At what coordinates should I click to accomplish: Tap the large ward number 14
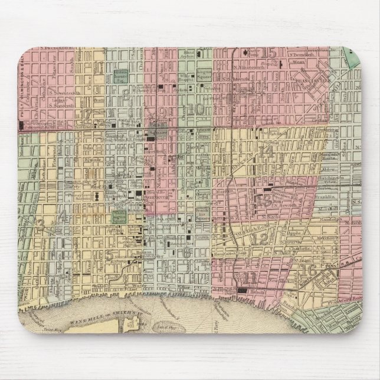[x=267, y=150]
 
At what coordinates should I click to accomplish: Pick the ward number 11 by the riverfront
[x=251, y=276]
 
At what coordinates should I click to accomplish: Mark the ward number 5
[x=109, y=255]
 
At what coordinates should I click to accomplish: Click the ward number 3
[x=40, y=223]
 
